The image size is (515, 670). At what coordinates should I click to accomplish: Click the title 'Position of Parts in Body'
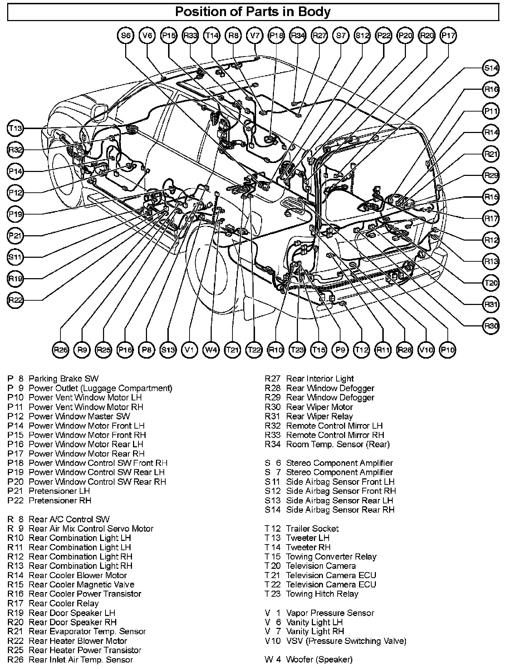(252, 12)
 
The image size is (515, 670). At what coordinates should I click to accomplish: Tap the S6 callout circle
(126, 35)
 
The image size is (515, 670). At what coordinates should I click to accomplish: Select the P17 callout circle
(448, 35)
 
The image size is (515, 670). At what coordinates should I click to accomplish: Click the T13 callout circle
(15, 128)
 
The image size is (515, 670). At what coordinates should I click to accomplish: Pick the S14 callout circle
(491, 68)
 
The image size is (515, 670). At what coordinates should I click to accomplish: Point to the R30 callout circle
(491, 326)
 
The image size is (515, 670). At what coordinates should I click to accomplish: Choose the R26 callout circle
(60, 350)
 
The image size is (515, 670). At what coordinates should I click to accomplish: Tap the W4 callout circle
(211, 350)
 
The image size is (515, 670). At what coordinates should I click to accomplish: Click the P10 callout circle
(447, 350)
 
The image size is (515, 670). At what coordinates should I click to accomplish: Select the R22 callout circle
(15, 300)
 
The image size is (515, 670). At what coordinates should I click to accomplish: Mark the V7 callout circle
(255, 35)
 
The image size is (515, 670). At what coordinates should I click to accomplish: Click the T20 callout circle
(491, 283)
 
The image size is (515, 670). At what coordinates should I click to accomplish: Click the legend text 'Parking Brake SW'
(63, 379)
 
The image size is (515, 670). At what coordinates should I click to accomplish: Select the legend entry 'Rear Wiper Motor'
(319, 407)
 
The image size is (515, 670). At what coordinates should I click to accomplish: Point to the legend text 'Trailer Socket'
(312, 528)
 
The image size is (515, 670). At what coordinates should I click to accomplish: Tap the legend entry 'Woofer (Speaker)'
(319, 660)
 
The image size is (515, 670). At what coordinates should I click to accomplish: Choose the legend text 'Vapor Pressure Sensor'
(330, 613)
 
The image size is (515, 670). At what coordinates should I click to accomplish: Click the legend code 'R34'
(273, 444)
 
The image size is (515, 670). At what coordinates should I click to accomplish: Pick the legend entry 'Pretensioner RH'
(60, 501)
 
